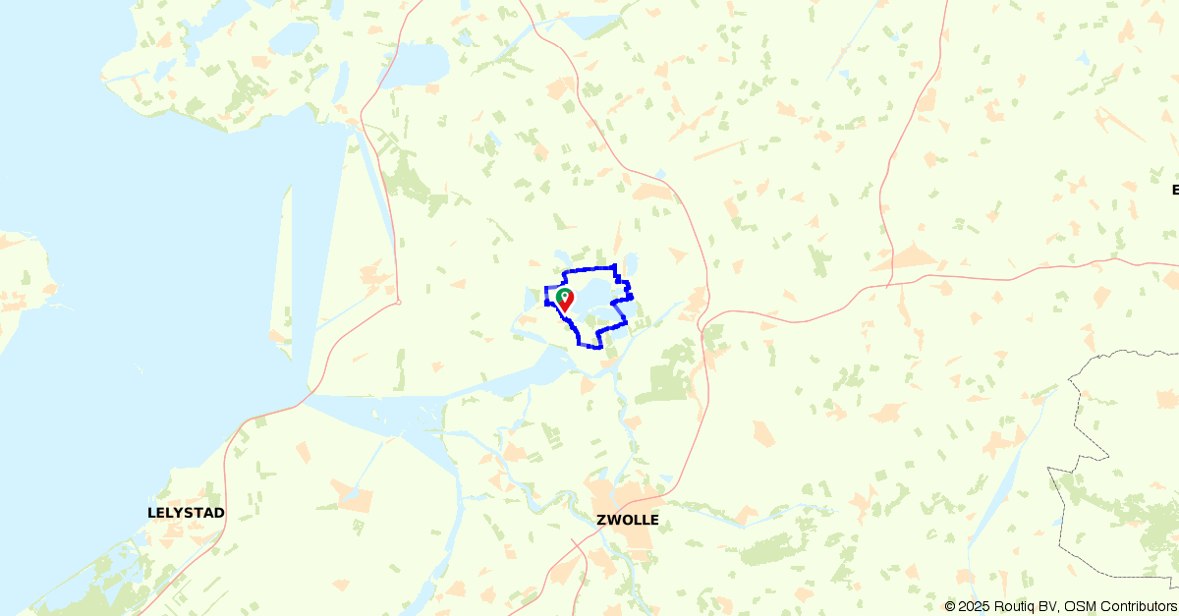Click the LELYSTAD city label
click(186, 513)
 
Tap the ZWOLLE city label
click(627, 520)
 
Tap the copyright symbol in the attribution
click(950, 607)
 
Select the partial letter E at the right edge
click(1175, 190)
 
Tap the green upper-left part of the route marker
click(559, 294)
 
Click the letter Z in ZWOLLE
click(601, 520)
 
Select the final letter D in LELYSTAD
click(219, 513)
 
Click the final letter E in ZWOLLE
click(654, 520)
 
